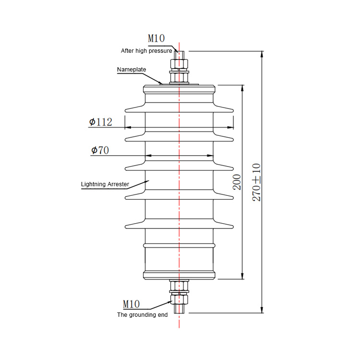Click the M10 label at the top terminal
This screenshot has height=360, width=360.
pyautogui.click(x=156, y=38)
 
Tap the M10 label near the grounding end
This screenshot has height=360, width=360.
pyautogui.click(x=132, y=304)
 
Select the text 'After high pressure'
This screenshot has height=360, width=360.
pyautogui.click(x=146, y=51)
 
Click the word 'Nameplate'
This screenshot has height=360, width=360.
pyautogui.click(x=132, y=69)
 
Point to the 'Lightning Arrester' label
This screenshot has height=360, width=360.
pyautogui.click(x=105, y=184)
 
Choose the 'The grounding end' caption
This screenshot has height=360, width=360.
pyautogui.click(x=143, y=315)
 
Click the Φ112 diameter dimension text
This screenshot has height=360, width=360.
pyautogui.click(x=101, y=122)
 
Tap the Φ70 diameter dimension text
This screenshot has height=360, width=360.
pyautogui.click(x=100, y=150)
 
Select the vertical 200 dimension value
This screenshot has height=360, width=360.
pyautogui.click(x=237, y=182)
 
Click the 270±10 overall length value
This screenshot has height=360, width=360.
pyautogui.click(x=256, y=182)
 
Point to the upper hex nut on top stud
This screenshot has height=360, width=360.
pyautogui.click(x=179, y=64)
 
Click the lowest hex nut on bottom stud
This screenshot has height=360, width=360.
pyautogui.click(x=179, y=300)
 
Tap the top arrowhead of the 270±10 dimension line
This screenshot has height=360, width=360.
pyautogui.click(x=262, y=54)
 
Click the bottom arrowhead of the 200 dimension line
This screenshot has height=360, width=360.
pyautogui.click(x=242, y=276)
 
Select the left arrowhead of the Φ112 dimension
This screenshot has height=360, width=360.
pyautogui.click(x=128, y=127)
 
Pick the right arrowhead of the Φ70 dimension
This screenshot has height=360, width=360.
pyautogui.click(x=210, y=156)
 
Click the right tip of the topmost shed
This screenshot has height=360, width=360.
pyautogui.click(x=232, y=110)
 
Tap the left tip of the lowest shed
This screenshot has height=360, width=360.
pyautogui.click(x=126, y=227)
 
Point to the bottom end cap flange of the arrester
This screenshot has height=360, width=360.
pyautogui.click(x=179, y=276)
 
